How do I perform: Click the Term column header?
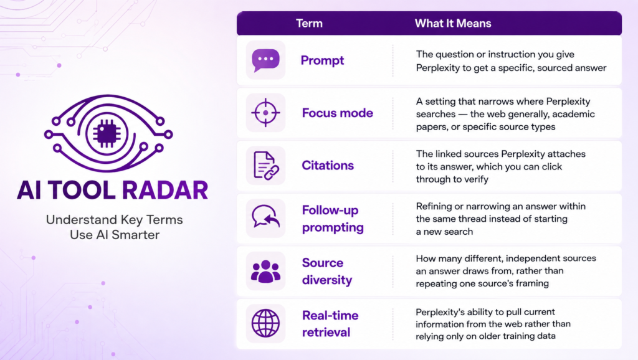(309, 23)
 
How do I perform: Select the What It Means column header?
(453, 23)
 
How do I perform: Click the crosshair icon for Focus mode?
(265, 113)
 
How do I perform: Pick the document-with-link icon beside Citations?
(266, 166)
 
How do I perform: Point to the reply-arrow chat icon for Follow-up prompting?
(265, 216)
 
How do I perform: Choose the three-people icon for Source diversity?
(265, 272)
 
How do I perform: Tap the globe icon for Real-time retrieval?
(265, 323)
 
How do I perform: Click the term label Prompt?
(322, 60)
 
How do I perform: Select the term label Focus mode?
(337, 113)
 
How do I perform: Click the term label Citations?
(328, 165)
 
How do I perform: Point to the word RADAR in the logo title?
(165, 190)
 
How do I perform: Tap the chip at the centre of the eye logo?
(107, 133)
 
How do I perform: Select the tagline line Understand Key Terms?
(115, 220)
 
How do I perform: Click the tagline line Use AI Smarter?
(115, 235)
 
